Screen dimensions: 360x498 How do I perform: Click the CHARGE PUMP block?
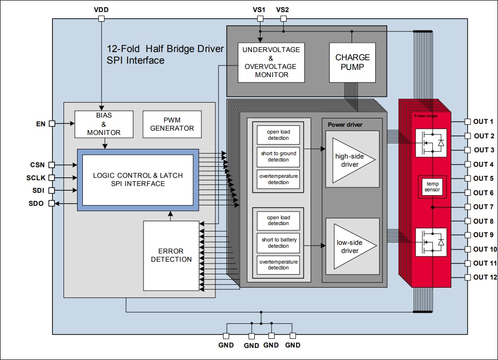(x=352, y=62)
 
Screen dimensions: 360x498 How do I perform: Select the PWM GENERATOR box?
(x=172, y=124)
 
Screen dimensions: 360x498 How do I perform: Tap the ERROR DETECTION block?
(x=171, y=255)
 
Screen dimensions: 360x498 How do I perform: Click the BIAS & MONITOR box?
(x=104, y=124)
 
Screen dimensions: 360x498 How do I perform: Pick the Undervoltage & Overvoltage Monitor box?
(x=271, y=62)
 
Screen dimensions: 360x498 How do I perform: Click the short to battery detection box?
(x=278, y=242)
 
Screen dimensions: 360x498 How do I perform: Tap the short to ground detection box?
(x=278, y=157)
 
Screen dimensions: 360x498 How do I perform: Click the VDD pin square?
(x=101, y=19)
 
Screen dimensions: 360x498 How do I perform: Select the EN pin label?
(x=40, y=124)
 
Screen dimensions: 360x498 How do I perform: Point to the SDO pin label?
(x=37, y=203)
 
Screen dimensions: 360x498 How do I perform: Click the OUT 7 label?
(x=483, y=207)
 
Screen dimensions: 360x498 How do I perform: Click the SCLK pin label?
(x=36, y=178)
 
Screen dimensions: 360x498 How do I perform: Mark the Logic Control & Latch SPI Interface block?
(x=138, y=179)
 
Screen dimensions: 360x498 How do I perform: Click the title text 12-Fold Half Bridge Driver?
(x=165, y=49)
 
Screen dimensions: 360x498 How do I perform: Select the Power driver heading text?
(x=345, y=125)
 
